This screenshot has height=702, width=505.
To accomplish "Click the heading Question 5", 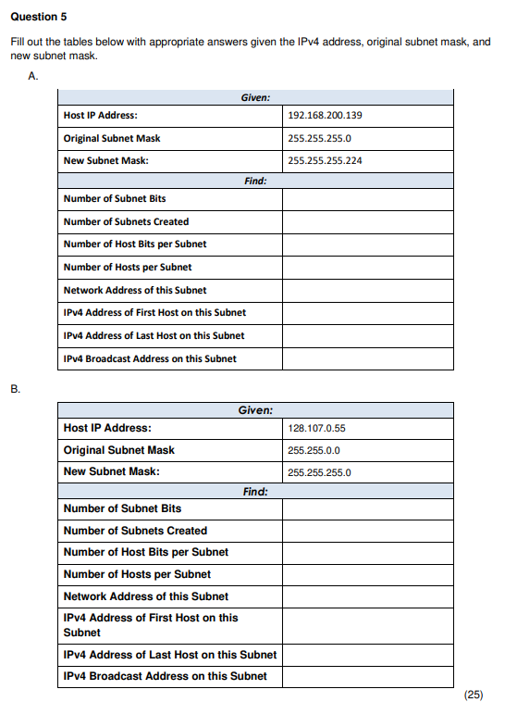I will (x=38, y=17).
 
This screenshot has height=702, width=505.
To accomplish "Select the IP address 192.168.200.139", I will (x=325, y=116).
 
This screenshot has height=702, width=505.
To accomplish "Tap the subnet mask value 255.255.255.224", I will (x=325, y=160).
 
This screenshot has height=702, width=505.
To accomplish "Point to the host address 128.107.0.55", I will (x=316, y=429).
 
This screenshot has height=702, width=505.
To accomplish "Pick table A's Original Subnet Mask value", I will (x=319, y=138).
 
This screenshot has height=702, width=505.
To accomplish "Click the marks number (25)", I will (x=473, y=694).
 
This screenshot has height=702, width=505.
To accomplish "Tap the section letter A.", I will (x=34, y=77).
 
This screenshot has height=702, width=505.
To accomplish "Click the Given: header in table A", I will (x=255, y=96).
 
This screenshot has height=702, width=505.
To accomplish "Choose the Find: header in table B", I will (x=255, y=491).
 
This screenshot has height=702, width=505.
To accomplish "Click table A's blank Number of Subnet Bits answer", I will (x=367, y=199).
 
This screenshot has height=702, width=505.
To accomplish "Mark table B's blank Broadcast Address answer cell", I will (x=367, y=676).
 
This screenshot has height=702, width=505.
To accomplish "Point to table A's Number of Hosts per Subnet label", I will (x=128, y=267).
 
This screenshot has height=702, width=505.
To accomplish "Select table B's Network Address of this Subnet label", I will (x=145, y=596).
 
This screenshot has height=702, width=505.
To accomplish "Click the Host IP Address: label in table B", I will (x=107, y=428).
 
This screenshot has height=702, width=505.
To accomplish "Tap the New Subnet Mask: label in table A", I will (x=105, y=160).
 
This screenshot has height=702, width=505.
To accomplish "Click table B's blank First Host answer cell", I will (x=367, y=625).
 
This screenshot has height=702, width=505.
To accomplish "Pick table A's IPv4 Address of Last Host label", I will (x=154, y=335).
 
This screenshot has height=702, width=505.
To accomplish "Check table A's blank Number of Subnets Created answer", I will (x=367, y=222).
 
